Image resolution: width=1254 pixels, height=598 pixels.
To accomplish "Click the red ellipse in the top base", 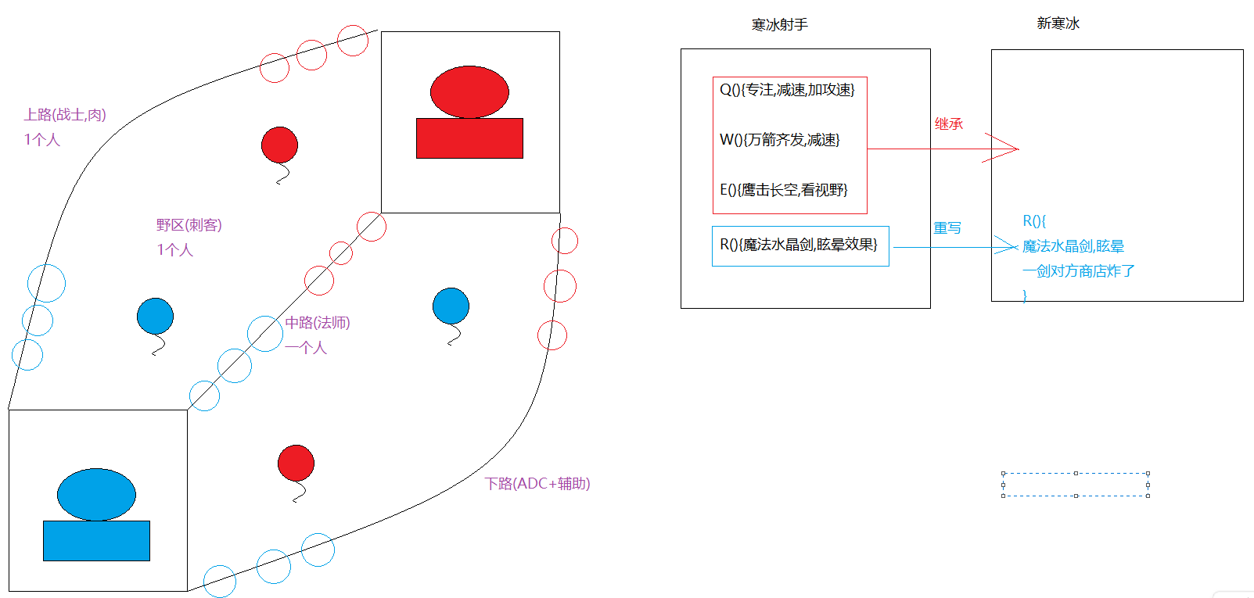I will [469, 91].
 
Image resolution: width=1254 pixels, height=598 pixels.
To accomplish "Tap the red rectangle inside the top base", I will [469, 139].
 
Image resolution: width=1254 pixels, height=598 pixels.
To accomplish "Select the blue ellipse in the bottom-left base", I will [96, 494].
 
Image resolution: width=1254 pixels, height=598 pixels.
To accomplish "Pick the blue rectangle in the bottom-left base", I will [96, 541].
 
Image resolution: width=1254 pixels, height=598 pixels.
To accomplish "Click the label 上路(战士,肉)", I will [65, 115].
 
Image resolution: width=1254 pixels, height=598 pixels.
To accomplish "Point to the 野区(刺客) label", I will [189, 225].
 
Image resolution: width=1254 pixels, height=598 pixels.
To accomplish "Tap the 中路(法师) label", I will [318, 323].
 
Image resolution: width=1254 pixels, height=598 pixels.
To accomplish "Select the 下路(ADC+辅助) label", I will [537, 484].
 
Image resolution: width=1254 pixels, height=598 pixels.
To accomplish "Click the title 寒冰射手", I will [779, 25].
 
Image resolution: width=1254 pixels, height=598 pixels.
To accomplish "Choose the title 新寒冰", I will [1058, 23].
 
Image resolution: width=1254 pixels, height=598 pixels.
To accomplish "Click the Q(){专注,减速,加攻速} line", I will [787, 90].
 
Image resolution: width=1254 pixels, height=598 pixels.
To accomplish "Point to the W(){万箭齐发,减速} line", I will [779, 140].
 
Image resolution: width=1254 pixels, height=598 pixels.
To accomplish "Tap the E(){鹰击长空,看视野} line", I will [783, 190].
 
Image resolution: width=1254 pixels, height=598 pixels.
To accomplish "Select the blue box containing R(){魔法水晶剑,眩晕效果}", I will [799, 245].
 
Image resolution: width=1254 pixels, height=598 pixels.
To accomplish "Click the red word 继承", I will [948, 124].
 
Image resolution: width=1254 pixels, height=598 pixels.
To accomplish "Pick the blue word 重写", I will [947, 228].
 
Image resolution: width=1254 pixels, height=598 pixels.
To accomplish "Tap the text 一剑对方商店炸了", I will [1078, 271].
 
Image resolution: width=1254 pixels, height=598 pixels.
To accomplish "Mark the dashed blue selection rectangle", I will [1075, 485].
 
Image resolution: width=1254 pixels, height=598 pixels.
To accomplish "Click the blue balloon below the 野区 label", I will [155, 317].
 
